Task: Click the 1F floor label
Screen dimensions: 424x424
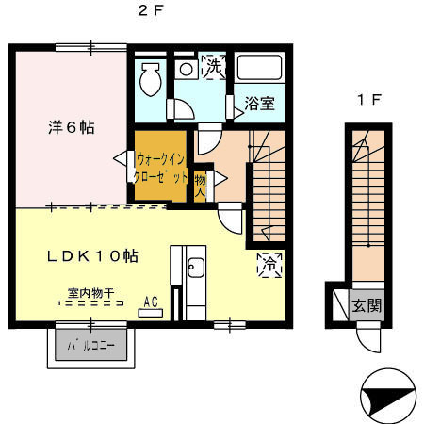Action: point(368,100)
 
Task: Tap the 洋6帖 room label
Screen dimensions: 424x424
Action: point(72,127)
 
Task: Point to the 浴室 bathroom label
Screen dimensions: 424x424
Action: point(260,104)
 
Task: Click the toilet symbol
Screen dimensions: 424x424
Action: point(149,81)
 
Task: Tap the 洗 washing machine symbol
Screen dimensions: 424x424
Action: point(214,67)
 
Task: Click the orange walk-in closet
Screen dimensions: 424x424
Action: point(161,170)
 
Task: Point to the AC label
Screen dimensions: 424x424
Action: point(151,302)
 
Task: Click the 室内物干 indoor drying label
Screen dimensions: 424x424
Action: point(90,294)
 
